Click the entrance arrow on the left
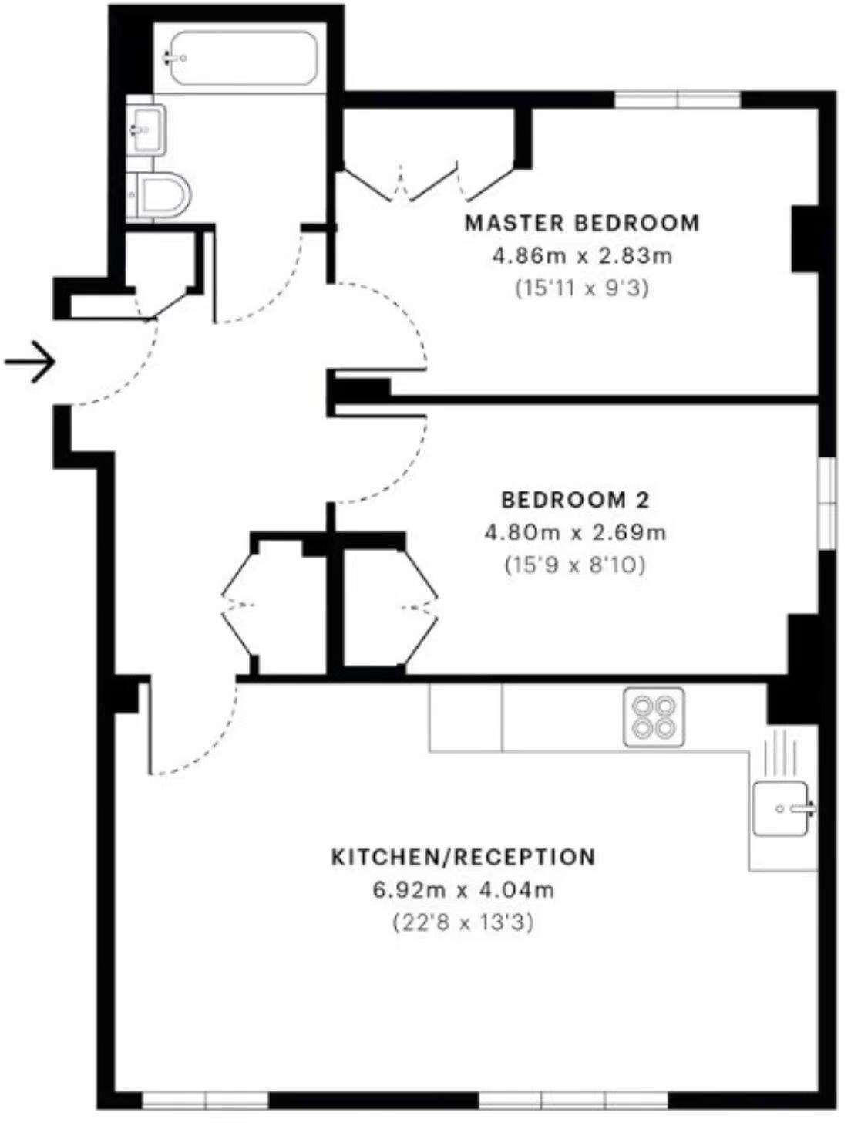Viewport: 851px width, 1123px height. [31, 361]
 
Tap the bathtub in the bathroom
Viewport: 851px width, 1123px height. [243, 59]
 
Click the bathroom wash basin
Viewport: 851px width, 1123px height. [146, 129]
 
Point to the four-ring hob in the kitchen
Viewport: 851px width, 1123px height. [654, 717]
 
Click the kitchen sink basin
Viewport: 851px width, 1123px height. [781, 808]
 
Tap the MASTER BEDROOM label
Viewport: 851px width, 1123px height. [582, 223]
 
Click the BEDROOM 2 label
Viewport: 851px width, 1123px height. [575, 500]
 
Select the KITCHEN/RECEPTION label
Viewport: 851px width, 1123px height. [463, 857]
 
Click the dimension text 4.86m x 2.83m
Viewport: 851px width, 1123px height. [582, 255]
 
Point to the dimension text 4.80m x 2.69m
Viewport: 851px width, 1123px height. [575, 532]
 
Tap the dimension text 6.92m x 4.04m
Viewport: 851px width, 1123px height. [463, 889]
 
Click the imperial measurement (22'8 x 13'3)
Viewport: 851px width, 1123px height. [463, 922]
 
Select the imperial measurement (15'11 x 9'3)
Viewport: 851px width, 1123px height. [582, 288]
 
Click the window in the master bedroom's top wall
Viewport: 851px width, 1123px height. [677, 99]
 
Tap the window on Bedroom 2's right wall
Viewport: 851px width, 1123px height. [827, 504]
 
